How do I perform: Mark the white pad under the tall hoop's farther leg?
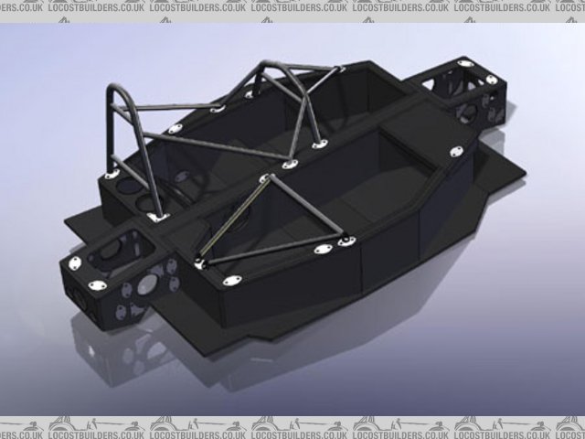(112, 173)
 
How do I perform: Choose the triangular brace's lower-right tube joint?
(345, 241)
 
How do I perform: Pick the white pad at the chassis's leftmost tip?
(74, 264)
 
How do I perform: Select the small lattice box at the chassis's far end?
(471, 91)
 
